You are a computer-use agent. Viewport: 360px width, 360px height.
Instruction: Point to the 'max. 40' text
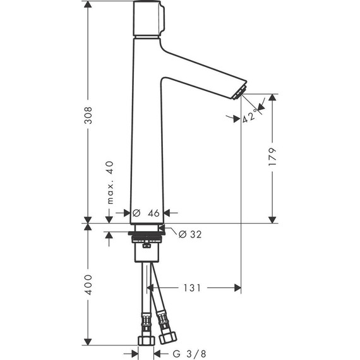[x=109, y=182]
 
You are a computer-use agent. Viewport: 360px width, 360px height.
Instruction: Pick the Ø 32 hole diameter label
[x=190, y=234]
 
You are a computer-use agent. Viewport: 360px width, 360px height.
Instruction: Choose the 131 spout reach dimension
[x=193, y=287]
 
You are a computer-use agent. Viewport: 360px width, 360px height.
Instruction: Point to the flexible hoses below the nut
[x=152, y=291]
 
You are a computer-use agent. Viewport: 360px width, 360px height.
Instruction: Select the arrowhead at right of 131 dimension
[x=238, y=287]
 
